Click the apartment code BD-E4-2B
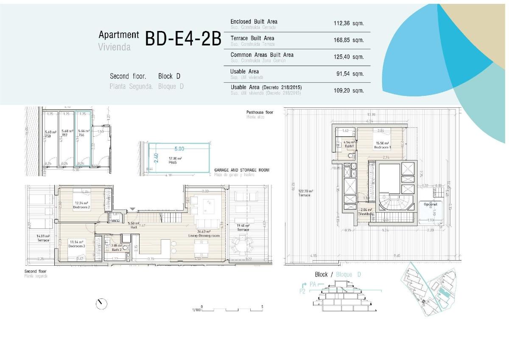pyautogui.click(x=183, y=39)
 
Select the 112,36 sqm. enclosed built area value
pyautogui.click(x=349, y=24)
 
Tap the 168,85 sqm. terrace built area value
pyautogui.click(x=349, y=40)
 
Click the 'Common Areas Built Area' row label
pyautogui.click(x=262, y=55)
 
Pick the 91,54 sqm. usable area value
pyautogui.click(x=350, y=73)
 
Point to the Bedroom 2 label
pyautogui.click(x=81, y=207)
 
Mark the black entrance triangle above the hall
pyautogui.click(x=133, y=209)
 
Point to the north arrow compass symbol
pyautogui.click(x=101, y=304)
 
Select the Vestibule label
pyautogui.click(x=366, y=214)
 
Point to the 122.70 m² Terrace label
pyautogui.click(x=304, y=195)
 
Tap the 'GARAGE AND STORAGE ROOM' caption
pyautogui.click(x=242, y=170)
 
